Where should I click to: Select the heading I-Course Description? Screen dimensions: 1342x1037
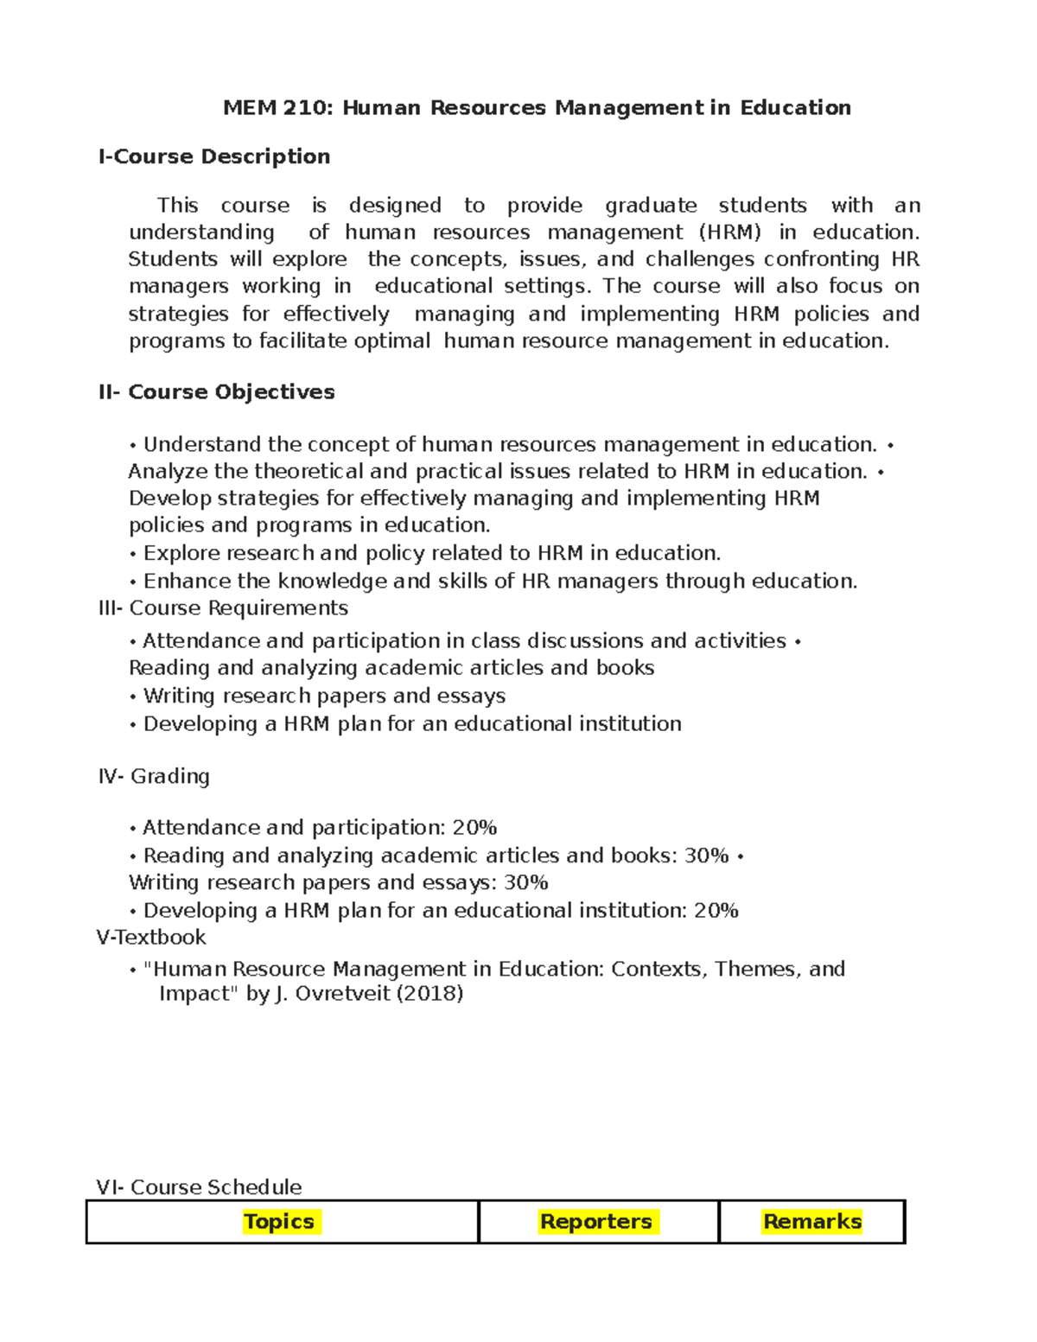click(x=214, y=156)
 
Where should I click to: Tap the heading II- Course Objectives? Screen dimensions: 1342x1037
click(x=216, y=392)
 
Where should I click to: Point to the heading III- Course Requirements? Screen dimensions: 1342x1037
click(x=223, y=608)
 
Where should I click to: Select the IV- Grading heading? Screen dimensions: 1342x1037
click(x=154, y=776)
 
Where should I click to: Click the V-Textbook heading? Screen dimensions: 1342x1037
click(x=151, y=938)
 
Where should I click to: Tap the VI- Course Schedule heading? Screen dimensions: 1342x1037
click(x=199, y=1187)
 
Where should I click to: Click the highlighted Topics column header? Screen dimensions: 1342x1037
click(x=279, y=1222)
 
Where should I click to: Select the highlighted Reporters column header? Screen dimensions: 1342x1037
click(x=596, y=1222)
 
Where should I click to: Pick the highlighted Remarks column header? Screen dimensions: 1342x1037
click(x=812, y=1222)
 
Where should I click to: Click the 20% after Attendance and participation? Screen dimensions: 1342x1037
click(x=474, y=828)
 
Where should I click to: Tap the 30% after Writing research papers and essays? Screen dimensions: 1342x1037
click(x=525, y=883)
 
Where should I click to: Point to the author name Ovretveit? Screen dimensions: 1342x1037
click(x=343, y=994)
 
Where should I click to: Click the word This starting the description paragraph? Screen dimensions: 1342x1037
click(x=177, y=206)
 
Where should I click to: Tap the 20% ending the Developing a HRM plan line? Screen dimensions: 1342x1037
click(x=716, y=911)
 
